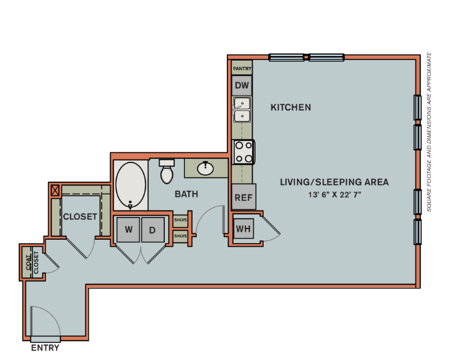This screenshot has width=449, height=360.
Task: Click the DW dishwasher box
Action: (x=242, y=85)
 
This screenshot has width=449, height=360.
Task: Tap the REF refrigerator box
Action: (x=243, y=198)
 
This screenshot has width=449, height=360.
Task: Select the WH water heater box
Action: (x=243, y=229)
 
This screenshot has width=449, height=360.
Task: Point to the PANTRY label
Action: (x=242, y=68)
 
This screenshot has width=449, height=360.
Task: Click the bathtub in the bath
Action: (x=129, y=185)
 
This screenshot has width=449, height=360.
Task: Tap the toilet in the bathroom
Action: (x=167, y=172)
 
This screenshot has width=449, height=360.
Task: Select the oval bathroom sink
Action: (x=205, y=168)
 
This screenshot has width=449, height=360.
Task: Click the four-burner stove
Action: (x=243, y=152)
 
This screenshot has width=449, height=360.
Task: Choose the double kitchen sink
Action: (x=242, y=110)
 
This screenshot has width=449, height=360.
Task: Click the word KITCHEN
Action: (x=291, y=108)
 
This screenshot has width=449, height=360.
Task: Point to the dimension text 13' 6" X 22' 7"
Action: (x=334, y=194)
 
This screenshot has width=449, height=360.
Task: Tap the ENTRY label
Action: (x=45, y=348)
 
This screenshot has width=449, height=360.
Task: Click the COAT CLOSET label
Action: (x=32, y=262)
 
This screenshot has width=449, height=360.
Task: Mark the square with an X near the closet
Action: (x=55, y=190)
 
